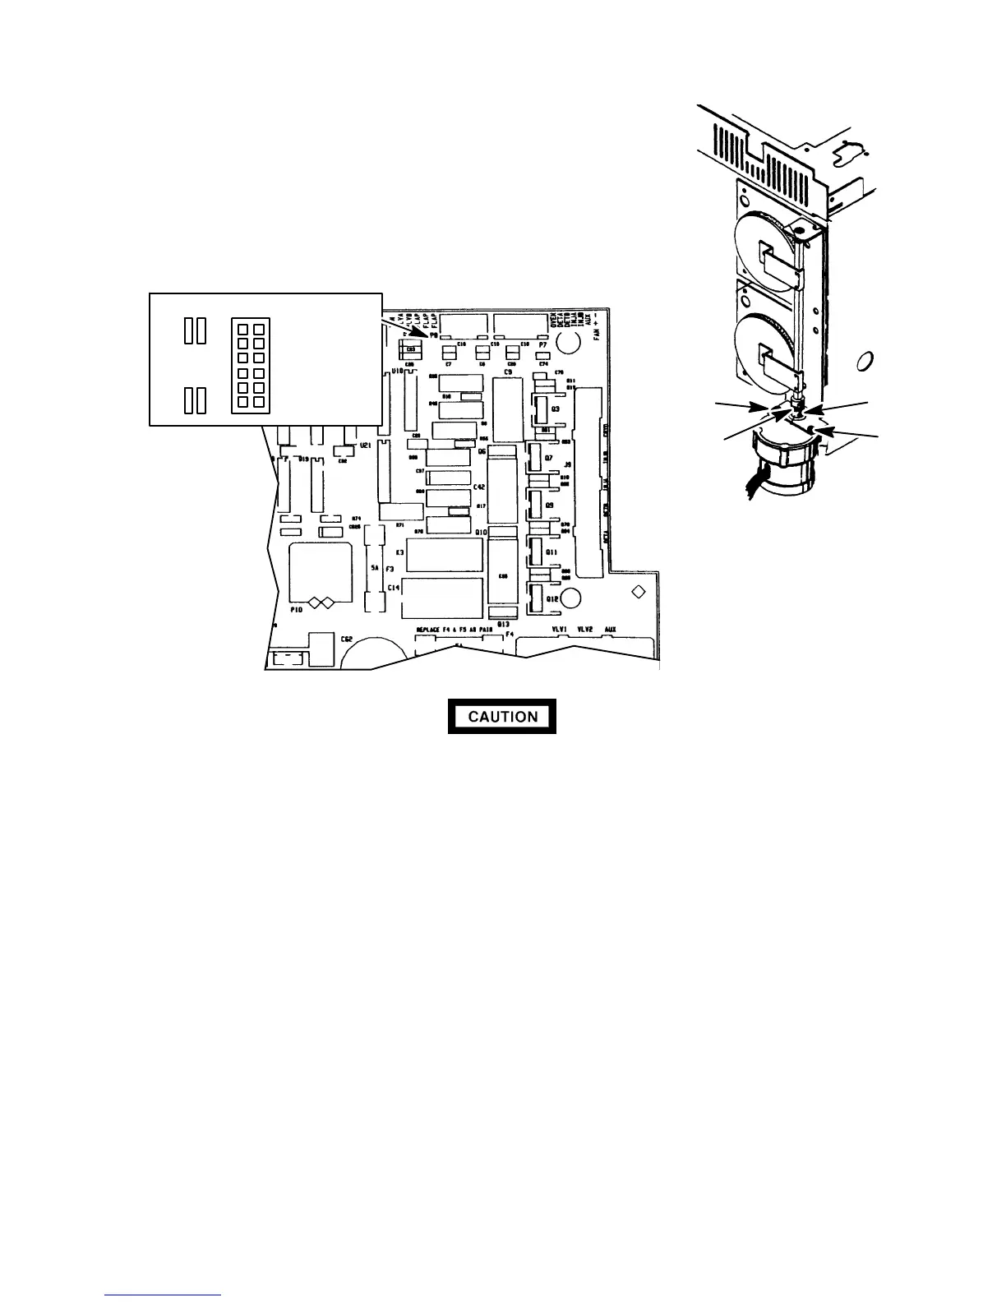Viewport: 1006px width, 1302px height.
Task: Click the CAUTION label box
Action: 502,716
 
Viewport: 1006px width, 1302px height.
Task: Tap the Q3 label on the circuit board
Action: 556,409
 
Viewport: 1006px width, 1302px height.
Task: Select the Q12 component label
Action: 552,600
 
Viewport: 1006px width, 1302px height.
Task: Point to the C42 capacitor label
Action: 480,487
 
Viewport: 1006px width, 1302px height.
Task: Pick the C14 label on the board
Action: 394,588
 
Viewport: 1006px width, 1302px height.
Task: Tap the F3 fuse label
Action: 390,568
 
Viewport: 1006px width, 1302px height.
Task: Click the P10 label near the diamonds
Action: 297,610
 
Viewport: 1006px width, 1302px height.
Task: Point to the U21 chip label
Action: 366,445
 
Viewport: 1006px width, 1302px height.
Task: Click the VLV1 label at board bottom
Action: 561,629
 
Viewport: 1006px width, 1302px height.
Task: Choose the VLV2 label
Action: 585,629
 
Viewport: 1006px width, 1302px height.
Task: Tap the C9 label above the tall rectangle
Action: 508,372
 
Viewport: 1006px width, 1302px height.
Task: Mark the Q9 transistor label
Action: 550,505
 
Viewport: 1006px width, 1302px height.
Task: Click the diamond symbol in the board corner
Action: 637,591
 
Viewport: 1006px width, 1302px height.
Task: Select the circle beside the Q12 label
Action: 573,597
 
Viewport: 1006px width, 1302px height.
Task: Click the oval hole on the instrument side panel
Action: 865,362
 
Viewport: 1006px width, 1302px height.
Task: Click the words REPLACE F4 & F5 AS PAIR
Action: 454,630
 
